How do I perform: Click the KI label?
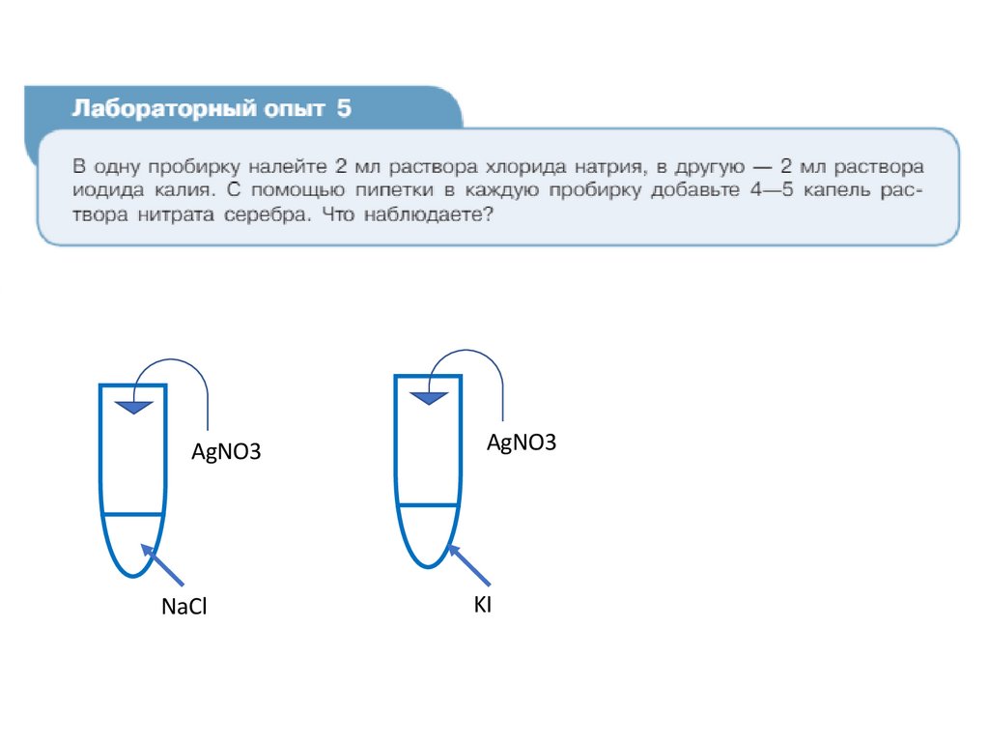pos(482,605)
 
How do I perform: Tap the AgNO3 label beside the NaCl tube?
pos(227,451)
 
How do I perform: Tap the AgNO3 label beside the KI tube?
pos(522,442)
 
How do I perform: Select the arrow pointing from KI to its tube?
pos(469,565)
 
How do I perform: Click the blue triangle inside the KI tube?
pos(429,396)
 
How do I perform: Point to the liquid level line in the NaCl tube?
pos(132,515)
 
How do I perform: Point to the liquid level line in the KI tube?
pos(427,505)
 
